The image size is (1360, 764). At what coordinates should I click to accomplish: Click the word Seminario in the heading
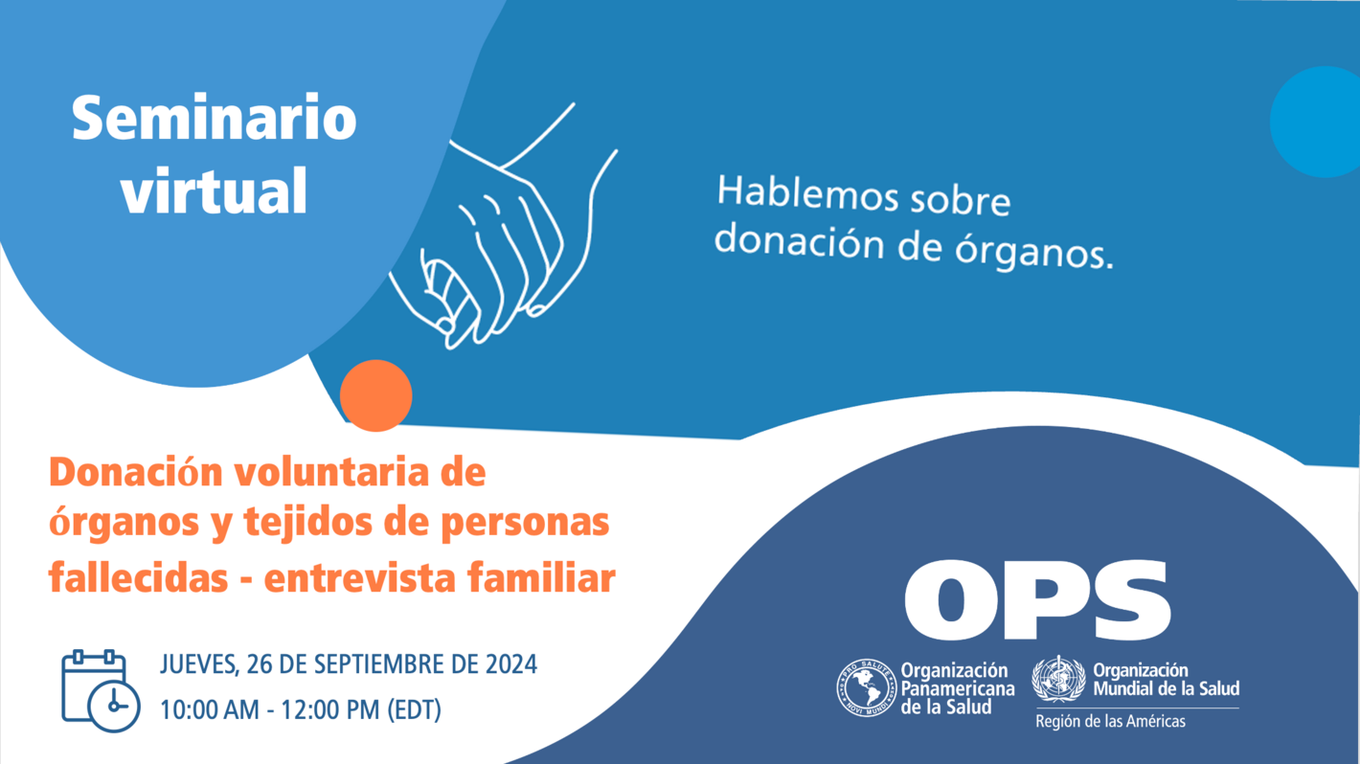tap(214, 119)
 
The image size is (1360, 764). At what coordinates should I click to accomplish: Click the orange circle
tap(376, 395)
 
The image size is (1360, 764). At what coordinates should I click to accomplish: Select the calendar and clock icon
tap(100, 690)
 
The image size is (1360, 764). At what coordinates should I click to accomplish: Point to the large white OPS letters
tap(1036, 601)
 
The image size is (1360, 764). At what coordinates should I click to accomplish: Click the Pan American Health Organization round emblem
tap(866, 688)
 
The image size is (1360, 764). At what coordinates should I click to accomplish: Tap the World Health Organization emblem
tap(1058, 680)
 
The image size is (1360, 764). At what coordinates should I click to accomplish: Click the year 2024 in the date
tap(510, 664)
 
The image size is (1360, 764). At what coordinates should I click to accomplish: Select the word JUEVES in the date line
tap(198, 664)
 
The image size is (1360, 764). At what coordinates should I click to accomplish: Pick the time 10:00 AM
tap(209, 710)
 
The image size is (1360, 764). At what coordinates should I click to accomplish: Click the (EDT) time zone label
tap(414, 710)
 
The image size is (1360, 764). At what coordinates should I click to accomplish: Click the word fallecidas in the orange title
tap(138, 578)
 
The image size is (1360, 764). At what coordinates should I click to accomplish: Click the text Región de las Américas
tap(1109, 721)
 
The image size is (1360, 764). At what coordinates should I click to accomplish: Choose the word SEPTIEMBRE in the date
tap(382, 664)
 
